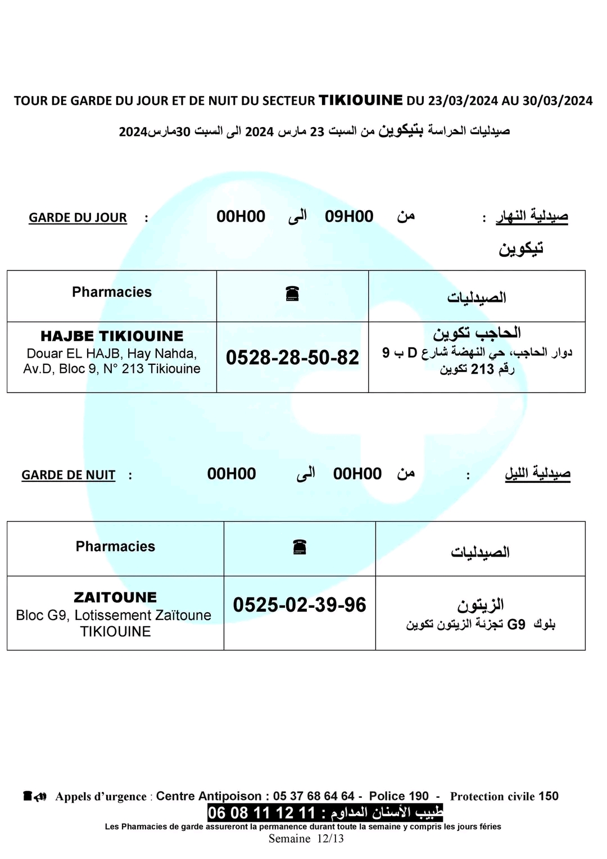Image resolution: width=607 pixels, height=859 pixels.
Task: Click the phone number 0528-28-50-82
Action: (292, 358)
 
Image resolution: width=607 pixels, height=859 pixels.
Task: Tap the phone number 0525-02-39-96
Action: (300, 605)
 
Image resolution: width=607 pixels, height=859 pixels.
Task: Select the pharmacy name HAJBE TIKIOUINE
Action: (112, 336)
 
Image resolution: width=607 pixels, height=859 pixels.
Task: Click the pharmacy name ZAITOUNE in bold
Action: (115, 597)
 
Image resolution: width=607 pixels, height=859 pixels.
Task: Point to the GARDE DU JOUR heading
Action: (78, 218)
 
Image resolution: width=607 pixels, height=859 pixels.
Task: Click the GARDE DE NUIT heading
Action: (68, 475)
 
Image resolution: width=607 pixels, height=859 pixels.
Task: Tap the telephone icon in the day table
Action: (292, 293)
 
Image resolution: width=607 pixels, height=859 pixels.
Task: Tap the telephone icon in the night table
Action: (300, 547)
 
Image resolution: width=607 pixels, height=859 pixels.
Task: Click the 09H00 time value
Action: (349, 216)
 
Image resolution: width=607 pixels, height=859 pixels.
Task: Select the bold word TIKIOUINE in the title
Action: (361, 100)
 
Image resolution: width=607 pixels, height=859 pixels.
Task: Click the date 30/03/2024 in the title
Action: (558, 101)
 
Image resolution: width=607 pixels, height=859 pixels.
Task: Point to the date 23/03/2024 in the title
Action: (463, 101)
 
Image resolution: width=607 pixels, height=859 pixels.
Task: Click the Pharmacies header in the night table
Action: (115, 546)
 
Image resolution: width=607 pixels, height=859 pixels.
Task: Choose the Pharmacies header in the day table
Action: (112, 292)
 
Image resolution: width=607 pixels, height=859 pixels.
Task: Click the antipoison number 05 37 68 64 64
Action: (314, 796)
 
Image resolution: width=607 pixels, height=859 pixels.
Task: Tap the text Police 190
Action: (399, 796)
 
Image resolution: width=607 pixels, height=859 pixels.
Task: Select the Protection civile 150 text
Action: (504, 796)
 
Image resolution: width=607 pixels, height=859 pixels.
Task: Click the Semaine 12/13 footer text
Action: (306, 839)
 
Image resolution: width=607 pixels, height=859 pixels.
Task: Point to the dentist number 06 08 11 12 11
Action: (262, 812)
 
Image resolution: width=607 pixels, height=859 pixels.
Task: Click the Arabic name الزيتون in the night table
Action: (480, 605)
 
